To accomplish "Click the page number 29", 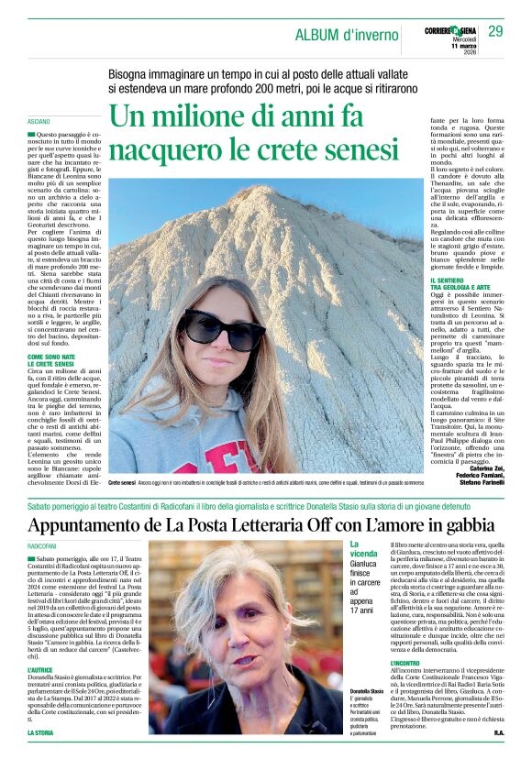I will (495, 31).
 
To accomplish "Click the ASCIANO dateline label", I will (39, 121).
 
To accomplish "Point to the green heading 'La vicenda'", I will (363, 550).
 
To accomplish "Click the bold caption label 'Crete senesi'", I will (122, 481).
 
